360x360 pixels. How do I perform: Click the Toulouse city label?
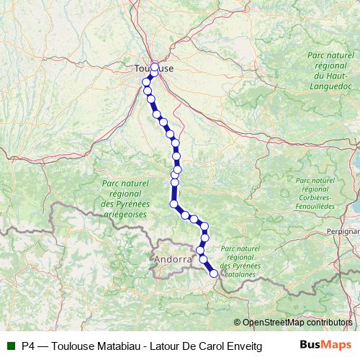tap(153, 68)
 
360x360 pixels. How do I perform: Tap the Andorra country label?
tap(173, 258)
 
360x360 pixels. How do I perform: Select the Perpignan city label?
tap(343, 232)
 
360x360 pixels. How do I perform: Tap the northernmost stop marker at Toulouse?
tap(154, 67)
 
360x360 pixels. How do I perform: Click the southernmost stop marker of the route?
tap(213, 273)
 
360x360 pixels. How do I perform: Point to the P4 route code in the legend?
tap(29, 345)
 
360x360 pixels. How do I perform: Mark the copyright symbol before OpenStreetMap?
tap(237, 323)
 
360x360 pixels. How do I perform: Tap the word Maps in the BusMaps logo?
tap(335, 344)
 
